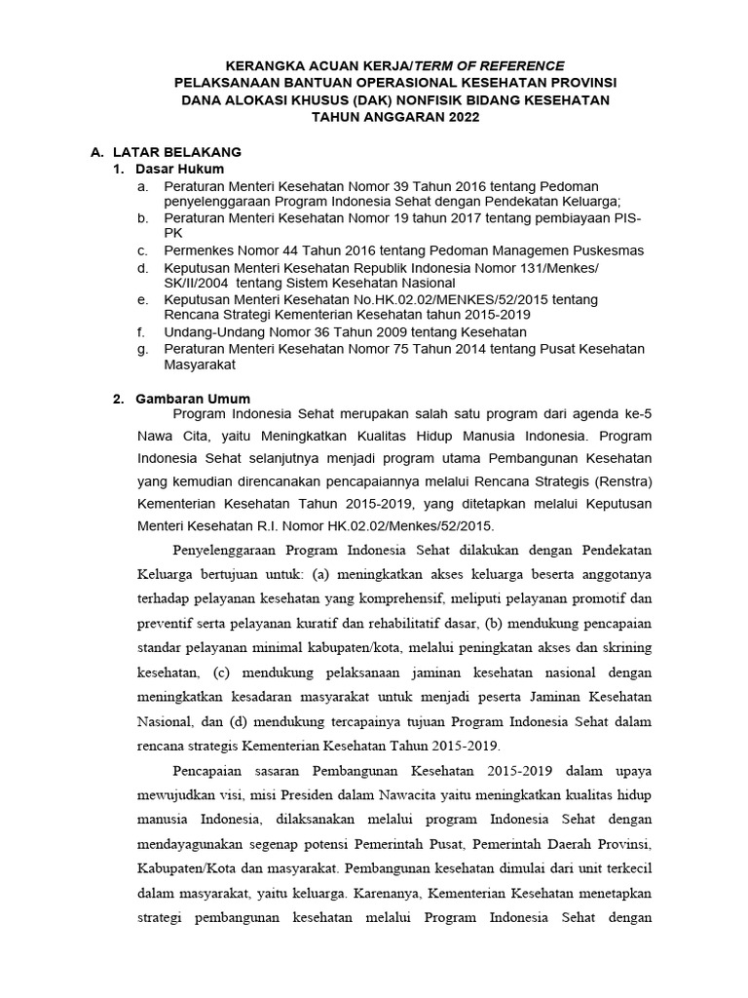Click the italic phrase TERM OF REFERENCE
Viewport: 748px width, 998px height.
coord(485,64)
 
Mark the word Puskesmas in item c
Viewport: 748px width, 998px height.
coord(610,250)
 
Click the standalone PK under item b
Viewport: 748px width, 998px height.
coord(172,234)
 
